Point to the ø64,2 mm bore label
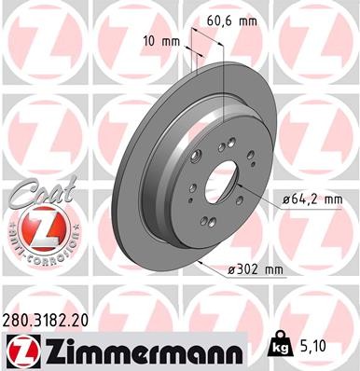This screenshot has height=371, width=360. tap(312, 198)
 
